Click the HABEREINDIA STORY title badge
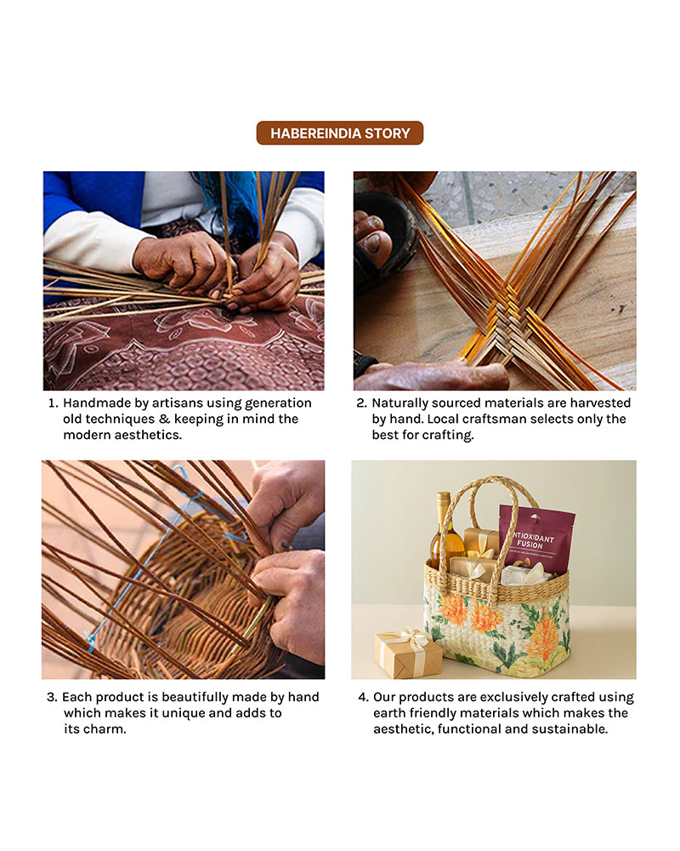point(339,133)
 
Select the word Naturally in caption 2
point(397,403)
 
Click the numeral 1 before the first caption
point(53,403)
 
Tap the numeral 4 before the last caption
point(363,698)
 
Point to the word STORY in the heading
point(388,134)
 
